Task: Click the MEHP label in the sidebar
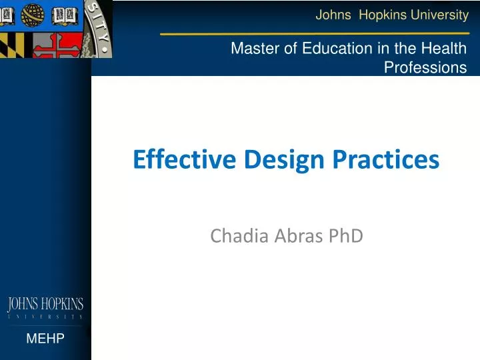(x=45, y=339)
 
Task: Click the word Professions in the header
(x=425, y=67)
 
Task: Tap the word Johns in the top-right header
(x=333, y=15)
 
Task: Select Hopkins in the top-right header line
(x=382, y=15)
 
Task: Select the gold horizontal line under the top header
(x=313, y=33)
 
